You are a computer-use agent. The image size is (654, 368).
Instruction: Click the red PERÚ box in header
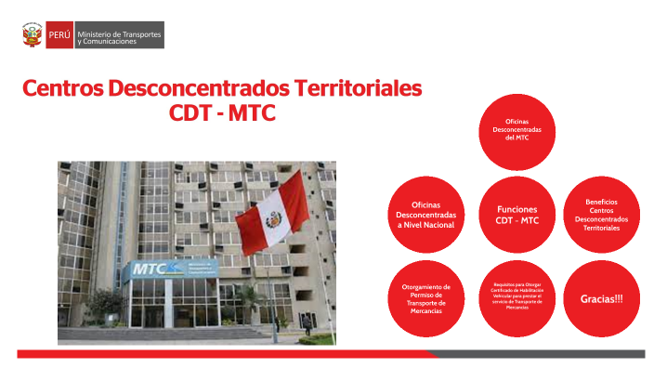pyautogui.click(x=59, y=35)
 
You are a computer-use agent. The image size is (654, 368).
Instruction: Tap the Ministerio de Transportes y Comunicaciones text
pyautogui.click(x=119, y=35)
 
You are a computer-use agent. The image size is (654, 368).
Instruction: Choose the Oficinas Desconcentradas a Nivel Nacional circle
pyautogui.click(x=425, y=215)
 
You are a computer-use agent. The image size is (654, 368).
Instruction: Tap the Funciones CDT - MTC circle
pyautogui.click(x=517, y=215)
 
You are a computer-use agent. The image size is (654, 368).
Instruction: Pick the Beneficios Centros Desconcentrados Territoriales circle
pyautogui.click(x=601, y=215)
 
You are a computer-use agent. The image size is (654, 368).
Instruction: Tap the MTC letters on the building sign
pyautogui.click(x=150, y=270)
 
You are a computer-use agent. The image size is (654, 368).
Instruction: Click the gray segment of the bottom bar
pyautogui.click(x=539, y=354)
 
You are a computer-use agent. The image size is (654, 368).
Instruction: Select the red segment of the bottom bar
pyautogui.click(x=223, y=354)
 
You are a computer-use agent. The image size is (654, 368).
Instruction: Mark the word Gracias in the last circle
pyautogui.click(x=596, y=299)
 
